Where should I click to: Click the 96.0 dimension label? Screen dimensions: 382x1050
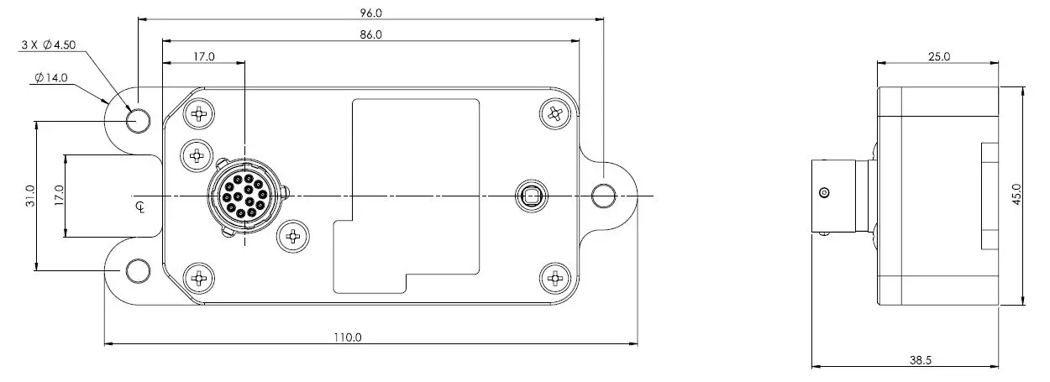pyautogui.click(x=370, y=13)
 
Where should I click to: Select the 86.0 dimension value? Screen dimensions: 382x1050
pyautogui.click(x=370, y=35)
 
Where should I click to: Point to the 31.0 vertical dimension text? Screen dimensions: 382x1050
pyautogui.click(x=30, y=196)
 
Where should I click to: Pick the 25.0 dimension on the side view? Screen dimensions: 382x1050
pyautogui.click(x=938, y=57)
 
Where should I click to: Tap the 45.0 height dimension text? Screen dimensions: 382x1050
pyautogui.click(x=1017, y=196)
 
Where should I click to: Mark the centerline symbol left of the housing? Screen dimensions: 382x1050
pyautogui.click(x=139, y=206)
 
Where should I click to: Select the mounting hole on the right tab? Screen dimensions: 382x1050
pyautogui.click(x=602, y=196)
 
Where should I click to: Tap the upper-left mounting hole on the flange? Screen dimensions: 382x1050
pyautogui.click(x=138, y=122)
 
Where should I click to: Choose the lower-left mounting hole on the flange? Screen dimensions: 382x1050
pyautogui.click(x=138, y=270)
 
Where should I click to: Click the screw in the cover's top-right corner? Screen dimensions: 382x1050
pyautogui.click(x=554, y=113)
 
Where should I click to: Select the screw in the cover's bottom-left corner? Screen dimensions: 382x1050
pyautogui.click(x=199, y=277)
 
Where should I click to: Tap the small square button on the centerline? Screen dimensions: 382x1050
pyautogui.click(x=530, y=196)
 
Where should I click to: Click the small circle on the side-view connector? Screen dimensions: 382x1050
pyautogui.click(x=824, y=194)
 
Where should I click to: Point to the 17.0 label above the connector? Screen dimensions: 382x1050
pyautogui.click(x=203, y=57)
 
